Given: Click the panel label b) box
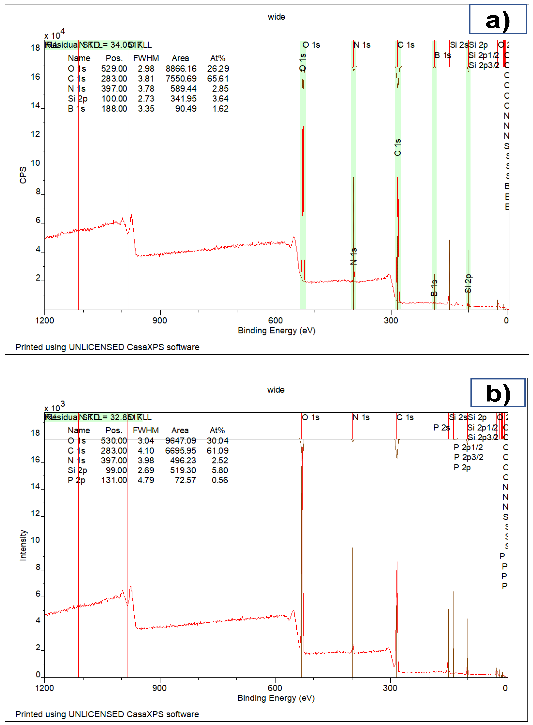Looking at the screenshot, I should (498, 392).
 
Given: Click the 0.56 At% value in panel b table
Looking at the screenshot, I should (220, 480).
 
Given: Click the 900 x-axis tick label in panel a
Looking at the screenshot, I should (160, 321).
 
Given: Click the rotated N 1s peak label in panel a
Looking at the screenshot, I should (354, 256).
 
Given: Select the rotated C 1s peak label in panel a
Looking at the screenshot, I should (398, 147).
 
